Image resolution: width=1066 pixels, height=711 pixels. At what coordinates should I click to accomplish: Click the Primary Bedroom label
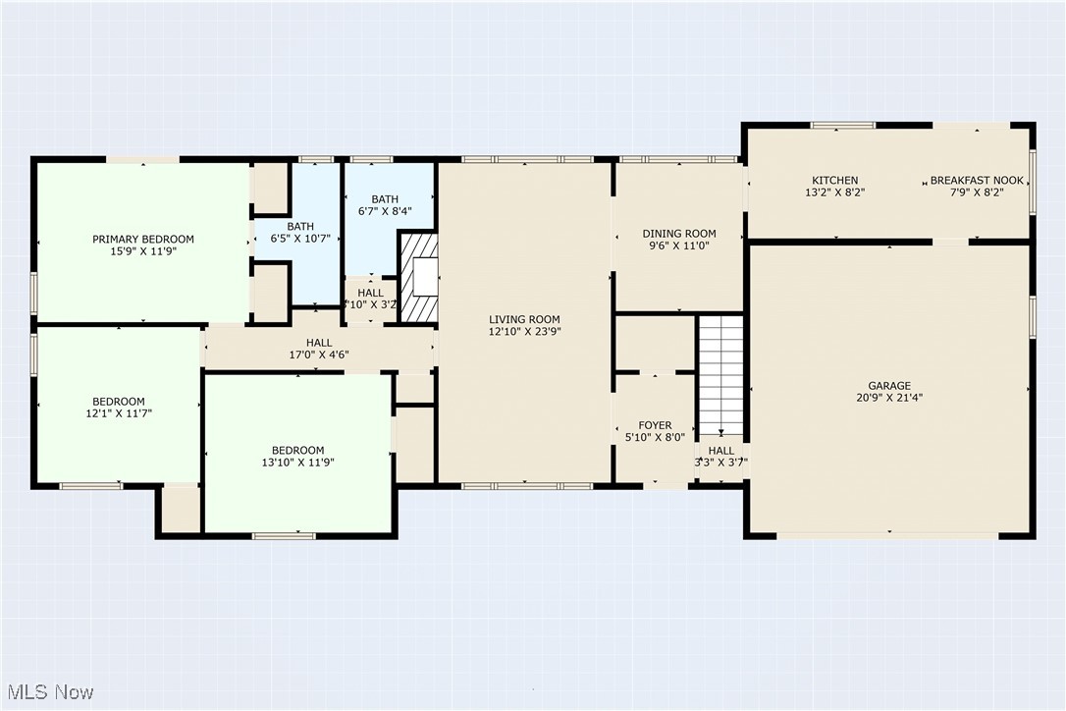tap(143, 239)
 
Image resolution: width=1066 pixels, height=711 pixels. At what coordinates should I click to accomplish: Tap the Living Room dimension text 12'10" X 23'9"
tap(524, 332)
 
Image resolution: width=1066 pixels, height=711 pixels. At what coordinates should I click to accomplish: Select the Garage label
tap(889, 386)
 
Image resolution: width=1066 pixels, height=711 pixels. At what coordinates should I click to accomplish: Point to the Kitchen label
tap(835, 181)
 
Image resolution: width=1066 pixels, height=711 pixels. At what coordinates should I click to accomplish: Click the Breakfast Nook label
tap(977, 181)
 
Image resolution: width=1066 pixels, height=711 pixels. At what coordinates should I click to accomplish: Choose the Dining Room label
tap(679, 234)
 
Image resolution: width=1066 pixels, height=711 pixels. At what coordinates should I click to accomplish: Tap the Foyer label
tap(656, 425)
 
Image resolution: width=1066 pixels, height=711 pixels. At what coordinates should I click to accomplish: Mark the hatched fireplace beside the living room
tap(418, 278)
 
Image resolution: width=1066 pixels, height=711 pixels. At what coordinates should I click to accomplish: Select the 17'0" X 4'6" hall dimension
tap(319, 355)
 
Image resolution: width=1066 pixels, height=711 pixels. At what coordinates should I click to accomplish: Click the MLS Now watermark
tap(50, 692)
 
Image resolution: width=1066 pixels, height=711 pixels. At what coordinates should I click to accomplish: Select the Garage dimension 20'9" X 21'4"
tap(889, 398)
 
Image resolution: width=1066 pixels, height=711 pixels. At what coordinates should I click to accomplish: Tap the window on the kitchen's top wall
tap(843, 125)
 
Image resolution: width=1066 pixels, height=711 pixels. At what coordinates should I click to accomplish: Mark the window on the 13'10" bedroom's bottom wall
tap(284, 536)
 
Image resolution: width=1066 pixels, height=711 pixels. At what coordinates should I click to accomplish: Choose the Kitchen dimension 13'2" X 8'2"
tap(835, 192)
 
